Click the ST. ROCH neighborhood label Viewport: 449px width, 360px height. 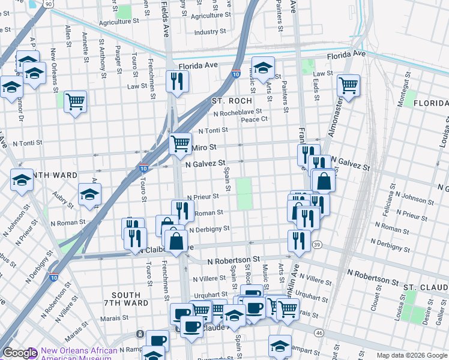231,101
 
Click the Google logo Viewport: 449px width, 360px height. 20,353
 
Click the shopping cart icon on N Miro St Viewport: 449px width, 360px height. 180,144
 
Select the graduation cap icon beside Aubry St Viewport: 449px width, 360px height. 89,194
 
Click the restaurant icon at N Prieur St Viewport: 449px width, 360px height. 182,211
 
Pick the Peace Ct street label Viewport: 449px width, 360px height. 254,119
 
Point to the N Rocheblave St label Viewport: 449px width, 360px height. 238,112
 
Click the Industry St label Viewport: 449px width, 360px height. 210,31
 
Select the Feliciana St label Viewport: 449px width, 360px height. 390,203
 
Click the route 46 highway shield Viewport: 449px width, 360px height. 319,332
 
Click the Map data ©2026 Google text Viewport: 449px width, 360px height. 412,355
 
